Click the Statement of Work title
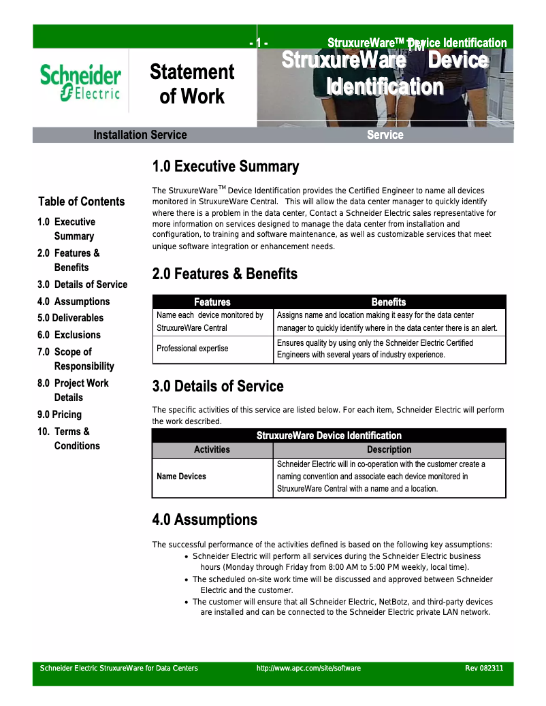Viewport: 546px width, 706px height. (191, 84)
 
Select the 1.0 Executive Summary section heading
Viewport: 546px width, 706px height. (225, 167)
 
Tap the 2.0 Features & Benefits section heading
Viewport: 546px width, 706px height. (225, 274)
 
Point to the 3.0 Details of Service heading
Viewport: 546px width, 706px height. (218, 386)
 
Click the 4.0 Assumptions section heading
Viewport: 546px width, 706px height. (204, 519)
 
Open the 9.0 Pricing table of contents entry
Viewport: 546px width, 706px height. (59, 414)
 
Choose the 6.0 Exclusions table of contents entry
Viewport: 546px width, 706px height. (69, 334)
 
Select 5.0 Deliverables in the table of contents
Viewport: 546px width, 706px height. (70, 317)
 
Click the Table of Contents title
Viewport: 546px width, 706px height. (82, 201)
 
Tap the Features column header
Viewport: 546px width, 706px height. (212, 302)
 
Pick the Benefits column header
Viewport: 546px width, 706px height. (389, 302)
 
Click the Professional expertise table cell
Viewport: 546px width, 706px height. (193, 348)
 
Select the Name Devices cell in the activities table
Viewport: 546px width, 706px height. (181, 476)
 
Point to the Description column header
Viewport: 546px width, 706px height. (389, 449)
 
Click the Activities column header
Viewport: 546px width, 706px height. (212, 449)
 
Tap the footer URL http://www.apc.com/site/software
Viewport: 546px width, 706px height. (308, 668)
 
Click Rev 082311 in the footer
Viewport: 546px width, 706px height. (484, 668)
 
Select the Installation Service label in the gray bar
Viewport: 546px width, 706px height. (140, 135)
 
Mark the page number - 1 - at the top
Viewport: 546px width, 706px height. (259, 43)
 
